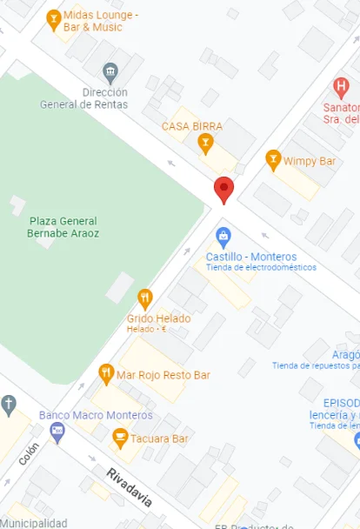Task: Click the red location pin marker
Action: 224,189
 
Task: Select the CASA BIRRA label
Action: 192,126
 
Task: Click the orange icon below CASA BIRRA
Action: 205,142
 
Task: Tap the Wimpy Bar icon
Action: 273,160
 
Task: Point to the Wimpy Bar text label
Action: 310,161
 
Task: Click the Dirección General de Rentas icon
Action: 110,71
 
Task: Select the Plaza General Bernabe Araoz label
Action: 63,227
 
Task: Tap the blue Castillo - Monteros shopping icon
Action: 223,236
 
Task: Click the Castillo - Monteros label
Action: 251,257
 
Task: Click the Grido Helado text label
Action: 159,318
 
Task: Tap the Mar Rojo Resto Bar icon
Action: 106,374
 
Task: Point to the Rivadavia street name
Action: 129,487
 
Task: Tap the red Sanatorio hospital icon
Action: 341,87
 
